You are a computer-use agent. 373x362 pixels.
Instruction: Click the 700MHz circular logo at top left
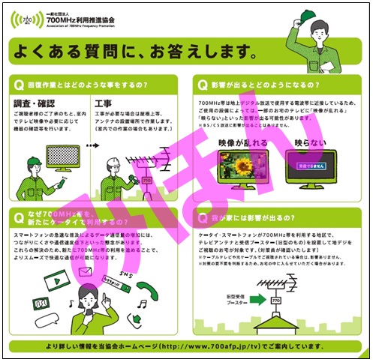tap(28, 17)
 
